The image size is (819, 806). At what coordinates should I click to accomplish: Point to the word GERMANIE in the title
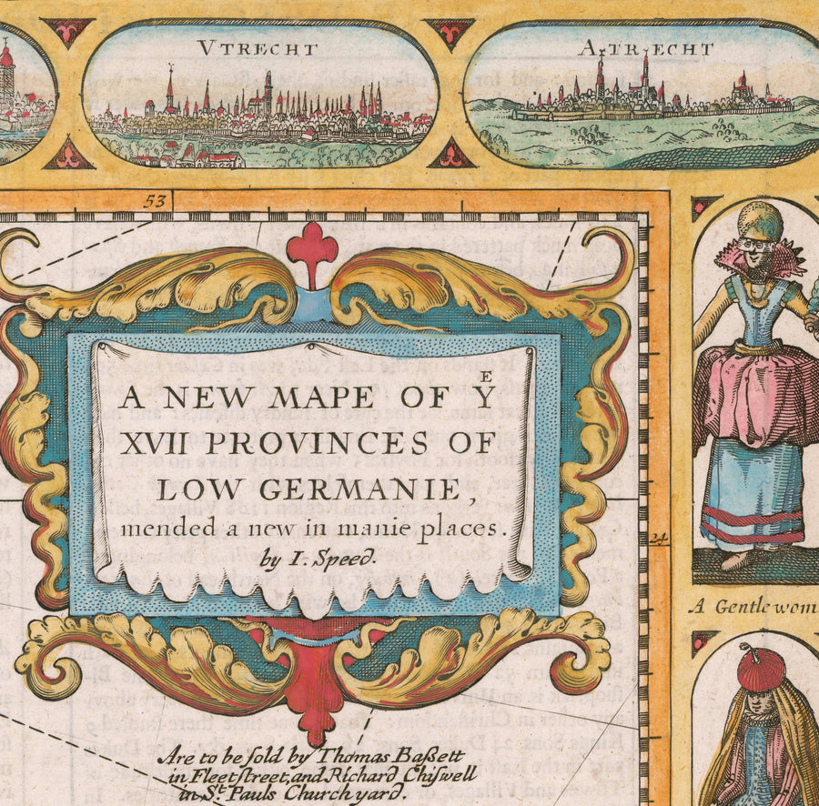tap(370, 489)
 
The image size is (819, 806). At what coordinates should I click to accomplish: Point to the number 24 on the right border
tap(659, 538)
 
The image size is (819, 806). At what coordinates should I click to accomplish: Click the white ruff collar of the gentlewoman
tap(763, 254)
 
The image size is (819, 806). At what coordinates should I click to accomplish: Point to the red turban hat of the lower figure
tap(761, 670)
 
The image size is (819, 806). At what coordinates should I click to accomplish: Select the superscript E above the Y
tap(489, 374)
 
